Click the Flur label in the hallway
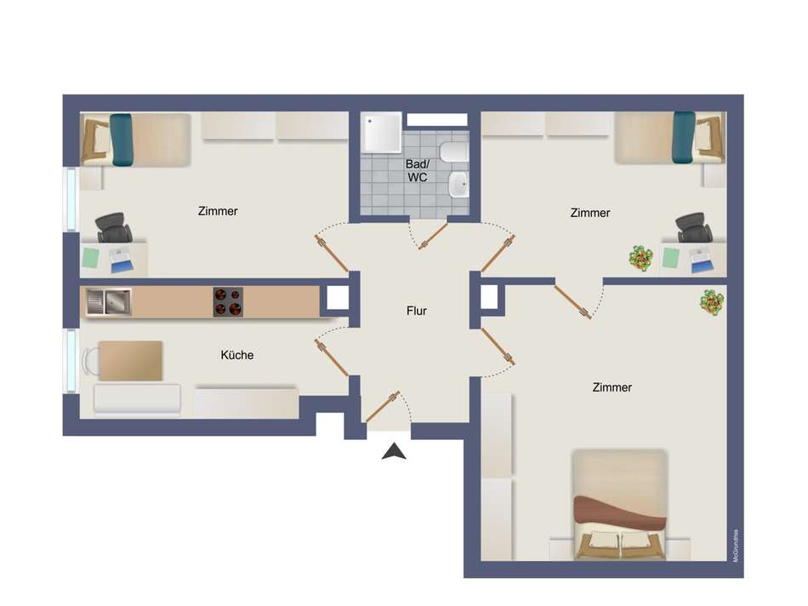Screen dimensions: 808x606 tap(417, 311)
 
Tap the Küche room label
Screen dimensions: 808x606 tap(237, 355)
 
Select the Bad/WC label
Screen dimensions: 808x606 tap(417, 171)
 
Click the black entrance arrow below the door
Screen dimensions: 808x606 tap(394, 451)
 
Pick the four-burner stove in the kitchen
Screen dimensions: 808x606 tap(228, 302)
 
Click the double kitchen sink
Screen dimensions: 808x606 tap(108, 301)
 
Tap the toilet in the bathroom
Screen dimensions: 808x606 tap(454, 152)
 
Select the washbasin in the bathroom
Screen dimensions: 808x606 tap(458, 186)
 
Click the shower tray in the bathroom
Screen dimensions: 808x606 tap(381, 132)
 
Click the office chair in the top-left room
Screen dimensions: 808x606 tap(113, 227)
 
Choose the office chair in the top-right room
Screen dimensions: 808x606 tap(694, 227)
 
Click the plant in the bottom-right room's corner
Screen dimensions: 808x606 tap(712, 302)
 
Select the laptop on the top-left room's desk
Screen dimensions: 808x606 tap(122, 260)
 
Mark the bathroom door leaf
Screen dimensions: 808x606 tap(433, 237)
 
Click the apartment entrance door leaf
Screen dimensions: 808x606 tap(383, 407)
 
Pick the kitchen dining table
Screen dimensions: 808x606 tap(131, 361)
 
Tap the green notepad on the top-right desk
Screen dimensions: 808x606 tap(670, 258)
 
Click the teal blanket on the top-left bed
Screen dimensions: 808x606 tap(122, 140)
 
